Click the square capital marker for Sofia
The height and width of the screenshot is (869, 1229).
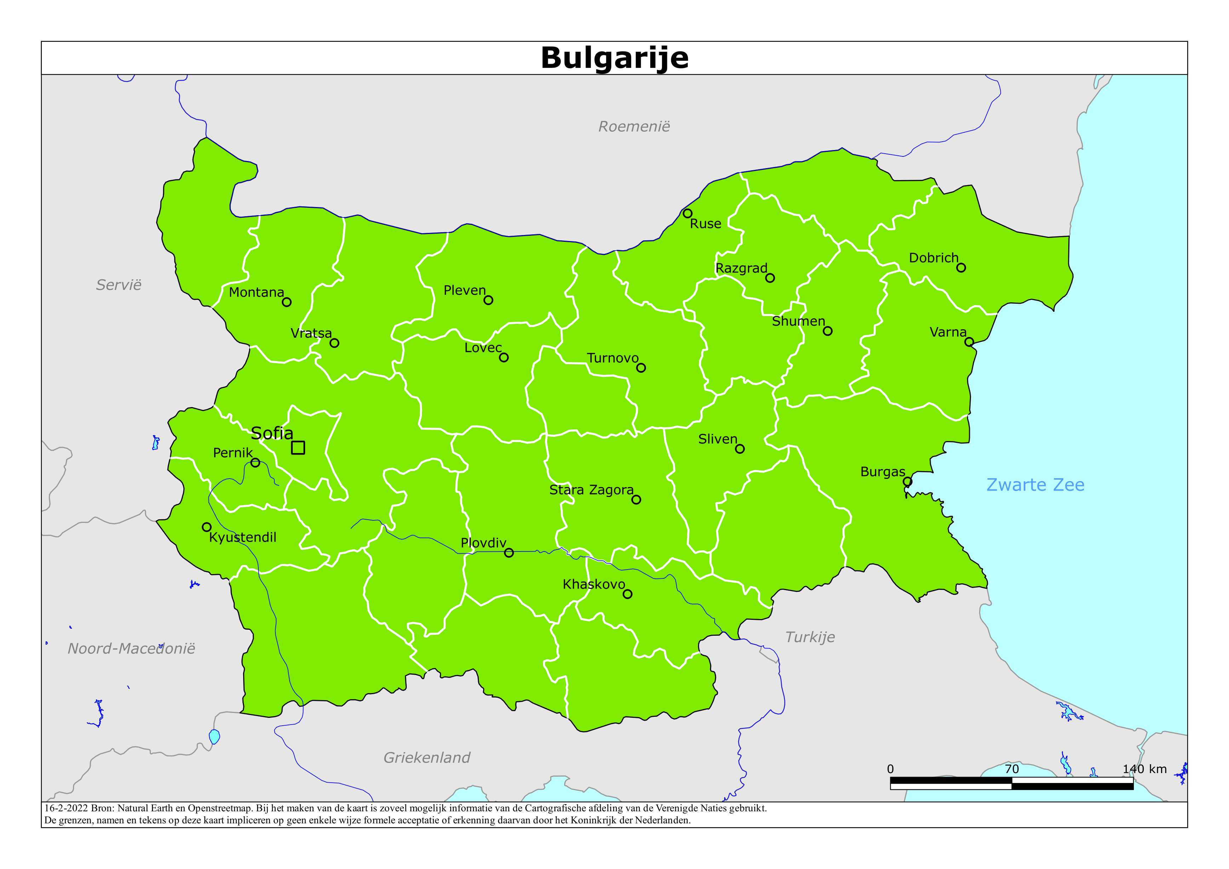click(298, 448)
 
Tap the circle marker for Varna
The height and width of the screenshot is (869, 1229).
click(969, 342)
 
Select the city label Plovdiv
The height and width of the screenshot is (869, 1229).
click(484, 543)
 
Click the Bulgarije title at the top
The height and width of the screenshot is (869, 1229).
click(614, 58)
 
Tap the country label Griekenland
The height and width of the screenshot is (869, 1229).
click(427, 757)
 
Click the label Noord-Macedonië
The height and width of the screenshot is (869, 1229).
click(131, 648)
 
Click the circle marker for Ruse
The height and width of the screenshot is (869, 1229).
click(688, 213)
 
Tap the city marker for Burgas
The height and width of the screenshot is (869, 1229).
click(907, 481)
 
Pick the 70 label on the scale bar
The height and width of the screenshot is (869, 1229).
click(1011, 769)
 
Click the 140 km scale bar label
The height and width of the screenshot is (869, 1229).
click(1144, 769)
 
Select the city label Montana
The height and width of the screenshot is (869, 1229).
click(256, 292)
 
